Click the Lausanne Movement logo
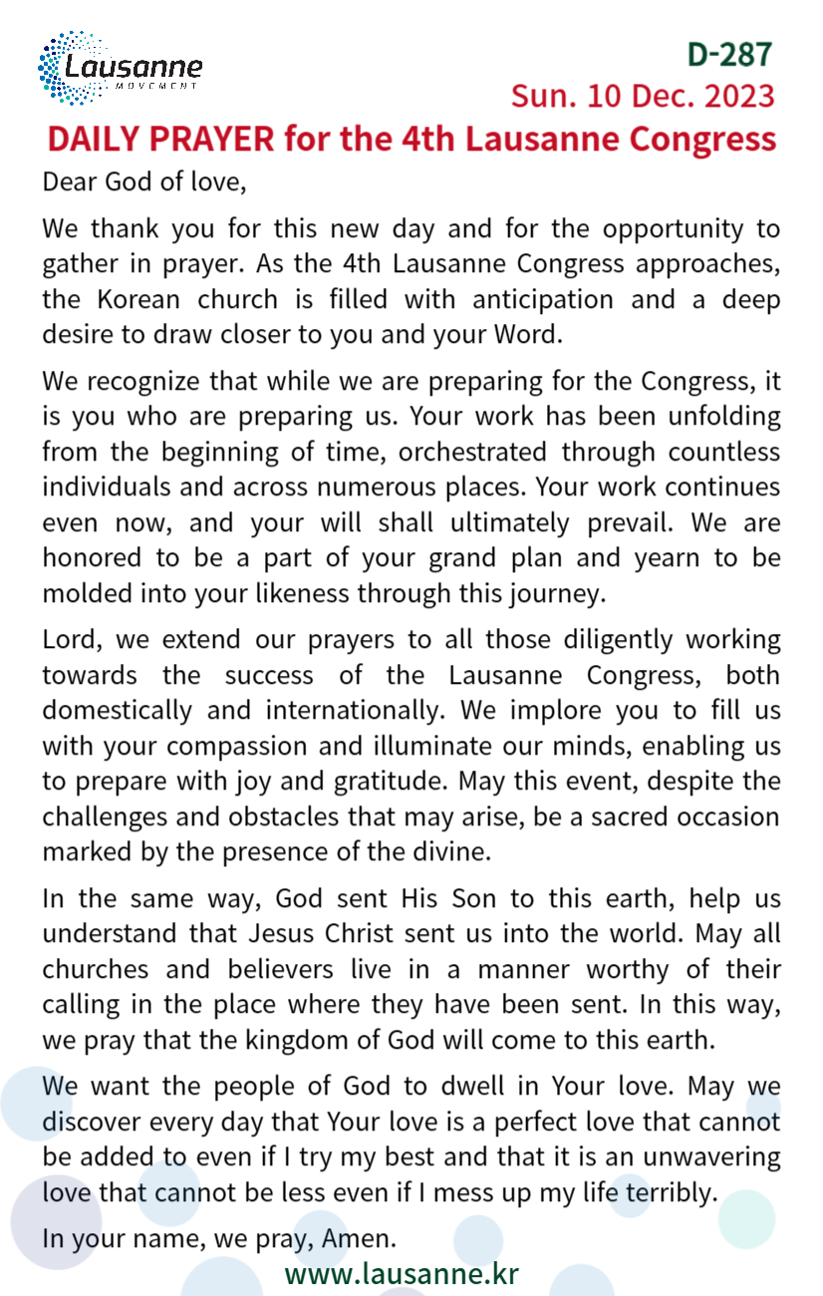tap(120, 68)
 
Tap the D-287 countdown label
tap(730, 54)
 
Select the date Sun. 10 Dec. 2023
tap(643, 96)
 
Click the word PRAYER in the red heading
tap(211, 139)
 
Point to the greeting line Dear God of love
tap(143, 183)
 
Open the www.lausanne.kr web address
tap(402, 1273)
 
